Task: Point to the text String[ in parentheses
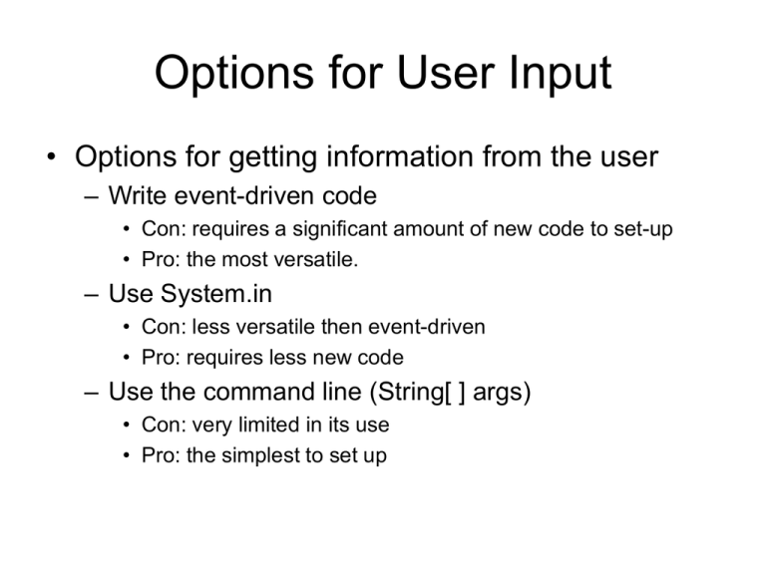(x=430, y=392)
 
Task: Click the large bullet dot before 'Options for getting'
(x=47, y=158)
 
